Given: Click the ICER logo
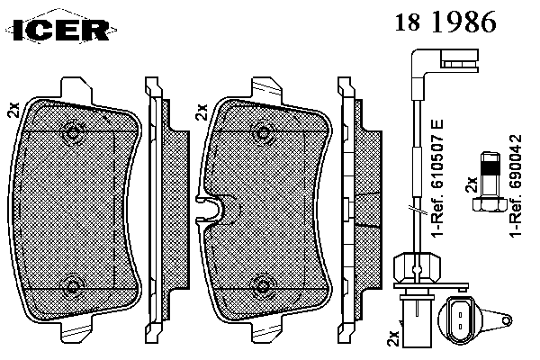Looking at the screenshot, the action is click(61, 29).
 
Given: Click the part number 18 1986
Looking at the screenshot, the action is click(445, 22).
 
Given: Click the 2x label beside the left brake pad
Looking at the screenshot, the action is click(14, 110).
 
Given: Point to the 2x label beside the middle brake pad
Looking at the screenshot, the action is click(202, 112).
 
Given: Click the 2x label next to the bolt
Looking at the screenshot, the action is click(471, 184).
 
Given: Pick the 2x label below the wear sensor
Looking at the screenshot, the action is click(393, 338).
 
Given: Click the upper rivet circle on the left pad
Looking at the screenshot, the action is click(73, 132).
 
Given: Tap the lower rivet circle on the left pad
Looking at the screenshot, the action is click(73, 286).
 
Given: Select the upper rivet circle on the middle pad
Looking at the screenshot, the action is click(264, 133).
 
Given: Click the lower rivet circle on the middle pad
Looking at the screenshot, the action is click(264, 285).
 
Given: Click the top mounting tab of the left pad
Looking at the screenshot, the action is click(76, 90).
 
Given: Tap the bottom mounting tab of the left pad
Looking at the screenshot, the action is click(76, 329).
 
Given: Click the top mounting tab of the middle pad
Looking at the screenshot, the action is click(267, 90).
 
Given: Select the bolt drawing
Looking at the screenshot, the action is click(490, 182).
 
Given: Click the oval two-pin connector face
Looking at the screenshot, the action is click(460, 315).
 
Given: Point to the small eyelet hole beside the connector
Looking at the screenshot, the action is click(506, 320).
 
